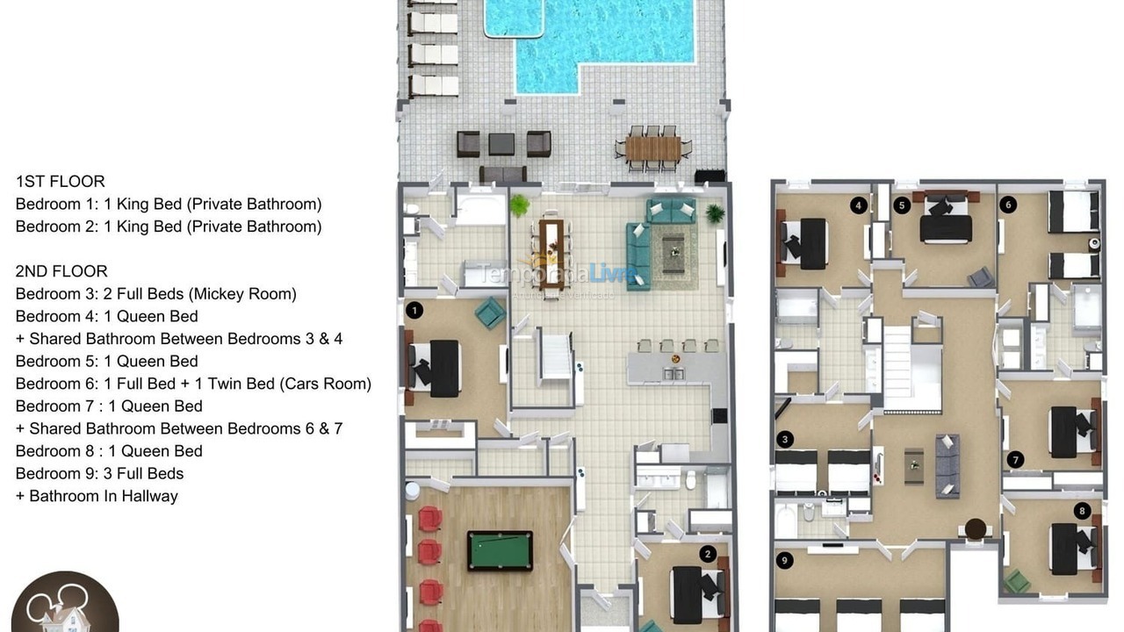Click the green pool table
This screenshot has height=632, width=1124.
point(500,550)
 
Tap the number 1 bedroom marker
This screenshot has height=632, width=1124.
point(414,310)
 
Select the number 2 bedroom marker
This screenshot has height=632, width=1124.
point(708,554)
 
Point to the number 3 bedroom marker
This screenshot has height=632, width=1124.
point(785,440)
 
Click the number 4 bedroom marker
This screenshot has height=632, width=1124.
point(858,205)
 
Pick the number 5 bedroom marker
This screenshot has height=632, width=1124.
point(901,205)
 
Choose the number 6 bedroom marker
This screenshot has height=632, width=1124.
point(1008,205)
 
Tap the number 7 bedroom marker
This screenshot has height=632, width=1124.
point(1016,459)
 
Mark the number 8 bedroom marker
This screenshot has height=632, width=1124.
point(1082,511)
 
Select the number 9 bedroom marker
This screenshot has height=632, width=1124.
point(784,559)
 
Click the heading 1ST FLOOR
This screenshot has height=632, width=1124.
point(61,182)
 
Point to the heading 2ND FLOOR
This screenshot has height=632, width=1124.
point(61,271)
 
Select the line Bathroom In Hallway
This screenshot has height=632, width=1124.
point(103,496)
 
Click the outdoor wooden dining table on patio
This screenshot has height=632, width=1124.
point(653,148)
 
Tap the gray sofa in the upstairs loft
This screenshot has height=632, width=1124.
point(947,465)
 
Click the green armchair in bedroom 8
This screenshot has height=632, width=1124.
point(1018,581)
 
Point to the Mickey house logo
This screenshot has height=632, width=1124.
point(64,604)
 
